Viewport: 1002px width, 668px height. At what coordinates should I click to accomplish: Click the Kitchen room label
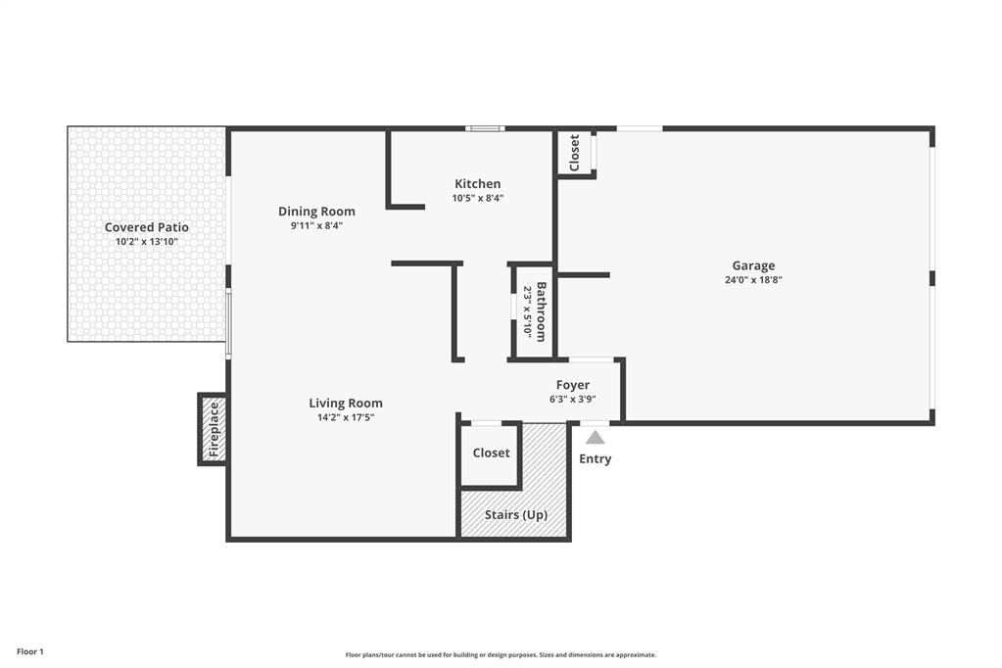(477, 184)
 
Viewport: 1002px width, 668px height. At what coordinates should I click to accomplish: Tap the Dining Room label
(316, 212)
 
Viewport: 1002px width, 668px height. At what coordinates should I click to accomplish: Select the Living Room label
(346, 404)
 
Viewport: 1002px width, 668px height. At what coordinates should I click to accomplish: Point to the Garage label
(753, 265)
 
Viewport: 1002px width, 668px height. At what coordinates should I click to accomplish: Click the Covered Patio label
(147, 227)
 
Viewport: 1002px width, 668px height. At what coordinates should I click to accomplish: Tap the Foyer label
(573, 385)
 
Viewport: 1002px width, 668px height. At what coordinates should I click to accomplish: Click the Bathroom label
(541, 311)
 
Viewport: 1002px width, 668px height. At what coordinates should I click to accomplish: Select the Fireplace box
(213, 429)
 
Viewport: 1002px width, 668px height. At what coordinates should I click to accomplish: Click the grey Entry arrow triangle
(595, 437)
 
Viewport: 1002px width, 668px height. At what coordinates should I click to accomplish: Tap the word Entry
(595, 459)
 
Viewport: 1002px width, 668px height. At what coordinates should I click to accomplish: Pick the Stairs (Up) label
(516, 515)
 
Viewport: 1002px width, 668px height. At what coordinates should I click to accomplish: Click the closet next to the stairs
(491, 453)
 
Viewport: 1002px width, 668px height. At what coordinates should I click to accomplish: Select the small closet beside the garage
(574, 153)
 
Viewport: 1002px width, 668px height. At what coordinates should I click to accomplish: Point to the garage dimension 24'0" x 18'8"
(753, 280)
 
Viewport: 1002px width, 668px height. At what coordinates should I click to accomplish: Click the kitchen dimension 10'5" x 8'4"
(477, 198)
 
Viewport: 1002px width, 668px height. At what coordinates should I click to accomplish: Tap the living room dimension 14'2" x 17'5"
(346, 418)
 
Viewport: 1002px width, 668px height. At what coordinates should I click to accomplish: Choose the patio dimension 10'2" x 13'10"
(147, 242)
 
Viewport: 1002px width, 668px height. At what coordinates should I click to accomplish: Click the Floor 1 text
(30, 652)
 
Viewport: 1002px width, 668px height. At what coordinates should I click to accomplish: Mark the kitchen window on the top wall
(485, 129)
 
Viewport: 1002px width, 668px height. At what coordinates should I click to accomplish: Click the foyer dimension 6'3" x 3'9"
(573, 400)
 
